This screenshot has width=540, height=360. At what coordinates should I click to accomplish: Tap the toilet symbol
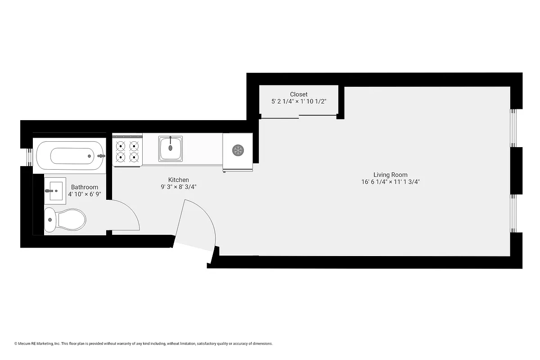(66, 220)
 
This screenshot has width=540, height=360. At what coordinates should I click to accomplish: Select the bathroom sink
(55, 191)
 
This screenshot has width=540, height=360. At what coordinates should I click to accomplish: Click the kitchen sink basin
(171, 148)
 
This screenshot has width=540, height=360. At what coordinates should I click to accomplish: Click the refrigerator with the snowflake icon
(238, 150)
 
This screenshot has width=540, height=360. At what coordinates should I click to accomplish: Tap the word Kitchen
(179, 180)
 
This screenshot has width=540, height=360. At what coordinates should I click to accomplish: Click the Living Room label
(390, 175)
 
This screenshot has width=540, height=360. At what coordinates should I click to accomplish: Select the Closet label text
(299, 94)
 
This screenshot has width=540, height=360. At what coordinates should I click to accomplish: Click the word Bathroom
(85, 187)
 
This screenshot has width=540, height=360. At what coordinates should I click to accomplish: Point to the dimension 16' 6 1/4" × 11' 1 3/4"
(390, 182)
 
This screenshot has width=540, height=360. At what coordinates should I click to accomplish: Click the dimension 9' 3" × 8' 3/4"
(179, 187)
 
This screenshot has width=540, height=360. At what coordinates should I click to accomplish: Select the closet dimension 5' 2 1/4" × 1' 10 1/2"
(299, 102)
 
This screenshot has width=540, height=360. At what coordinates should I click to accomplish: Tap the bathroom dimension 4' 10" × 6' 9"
(85, 194)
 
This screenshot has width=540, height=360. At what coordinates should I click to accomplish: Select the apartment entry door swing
(198, 225)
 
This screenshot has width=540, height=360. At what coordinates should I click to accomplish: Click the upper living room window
(514, 128)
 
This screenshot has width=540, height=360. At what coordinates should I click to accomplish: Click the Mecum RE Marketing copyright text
(144, 344)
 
